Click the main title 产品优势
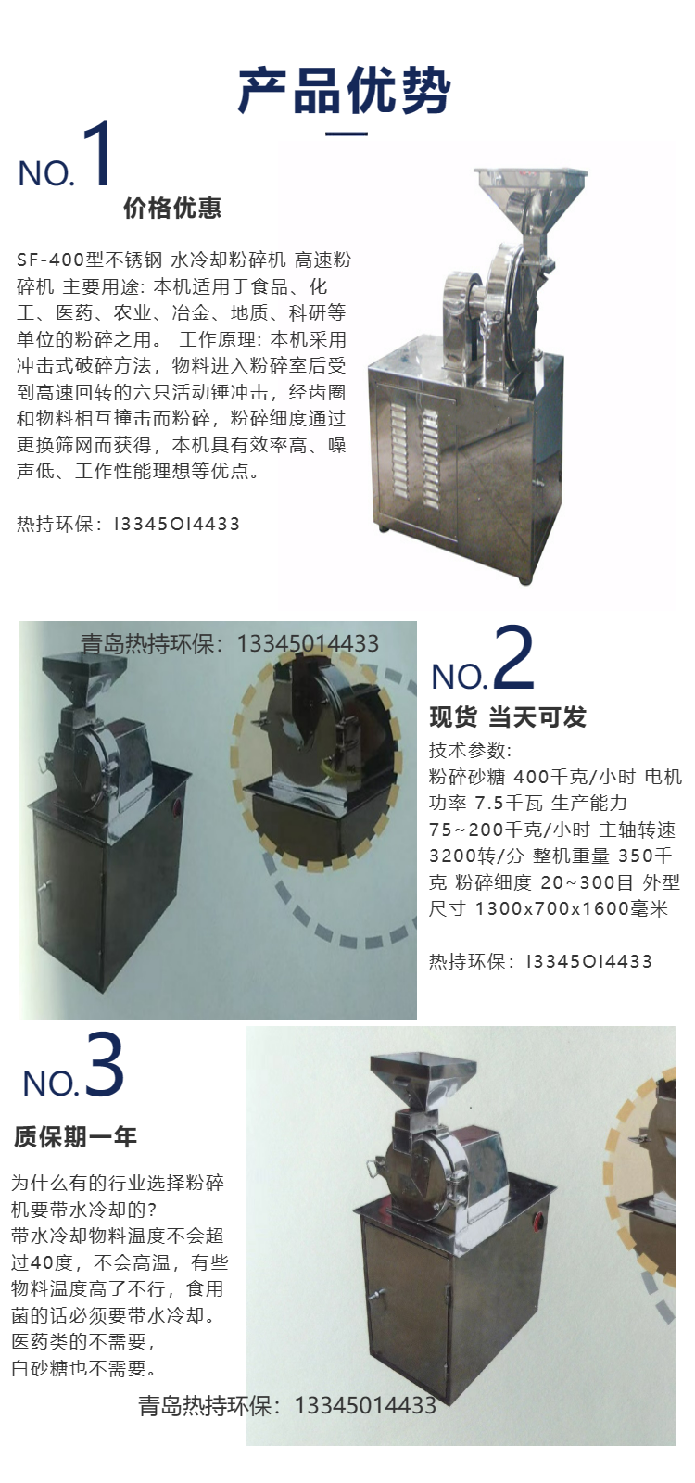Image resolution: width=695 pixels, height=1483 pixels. pyautogui.click(x=345, y=90)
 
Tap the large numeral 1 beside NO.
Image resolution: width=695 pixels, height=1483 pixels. pyautogui.click(x=95, y=154)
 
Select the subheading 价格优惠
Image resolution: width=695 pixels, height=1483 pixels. pyautogui.click(x=172, y=208)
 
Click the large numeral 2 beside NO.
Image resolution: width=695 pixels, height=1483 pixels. pyautogui.click(x=513, y=657)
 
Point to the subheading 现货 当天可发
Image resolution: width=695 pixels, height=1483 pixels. pyautogui.click(x=508, y=717)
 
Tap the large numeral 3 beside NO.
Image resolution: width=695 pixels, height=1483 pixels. pyautogui.click(x=105, y=1065)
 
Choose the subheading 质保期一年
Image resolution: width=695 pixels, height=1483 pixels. pyautogui.click(x=75, y=1137)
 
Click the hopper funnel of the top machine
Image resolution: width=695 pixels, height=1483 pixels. pyautogui.click(x=530, y=197)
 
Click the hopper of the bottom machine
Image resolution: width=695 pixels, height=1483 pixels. pyautogui.click(x=423, y=1079)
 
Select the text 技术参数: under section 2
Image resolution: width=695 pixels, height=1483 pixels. pyautogui.click(x=470, y=750)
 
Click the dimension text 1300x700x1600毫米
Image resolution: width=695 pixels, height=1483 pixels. pyautogui.click(x=572, y=908)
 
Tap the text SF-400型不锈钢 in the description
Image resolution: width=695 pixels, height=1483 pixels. pyautogui.click(x=89, y=260)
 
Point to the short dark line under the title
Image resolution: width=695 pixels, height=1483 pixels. pyautogui.click(x=347, y=133)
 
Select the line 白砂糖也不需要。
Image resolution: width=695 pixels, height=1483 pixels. pyautogui.click(x=84, y=1368)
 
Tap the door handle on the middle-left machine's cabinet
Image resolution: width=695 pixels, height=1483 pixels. pyautogui.click(x=44, y=888)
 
